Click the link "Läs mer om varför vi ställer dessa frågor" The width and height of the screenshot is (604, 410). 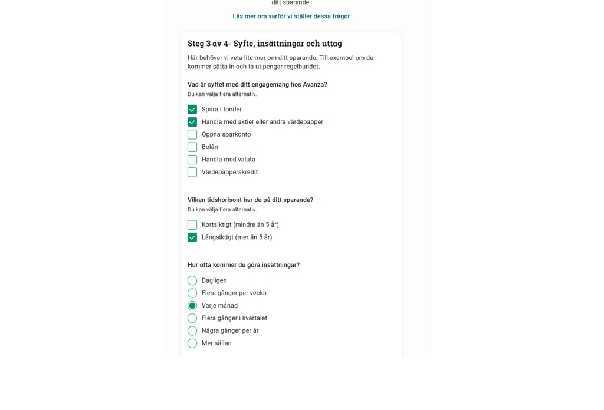tap(291, 16)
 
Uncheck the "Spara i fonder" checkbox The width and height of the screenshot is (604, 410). tap(192, 110)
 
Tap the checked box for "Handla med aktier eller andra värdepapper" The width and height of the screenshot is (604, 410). tap(192, 122)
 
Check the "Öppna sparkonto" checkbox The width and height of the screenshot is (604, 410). tap(192, 135)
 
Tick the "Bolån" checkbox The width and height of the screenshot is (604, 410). tap(192, 147)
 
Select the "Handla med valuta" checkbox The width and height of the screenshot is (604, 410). tap(192, 160)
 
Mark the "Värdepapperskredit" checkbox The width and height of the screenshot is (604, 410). tap(192, 173)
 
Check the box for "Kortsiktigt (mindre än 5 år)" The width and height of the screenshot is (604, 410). tap(192, 225)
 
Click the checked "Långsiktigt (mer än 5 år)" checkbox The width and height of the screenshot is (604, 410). tap(192, 237)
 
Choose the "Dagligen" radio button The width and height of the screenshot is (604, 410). tap(192, 281)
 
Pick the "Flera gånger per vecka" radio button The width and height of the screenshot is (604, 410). tap(192, 293)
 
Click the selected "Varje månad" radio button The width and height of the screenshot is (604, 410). tap(192, 306)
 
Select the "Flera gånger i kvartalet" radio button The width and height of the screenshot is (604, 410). tap(192, 319)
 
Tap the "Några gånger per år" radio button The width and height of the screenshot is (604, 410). tap(192, 331)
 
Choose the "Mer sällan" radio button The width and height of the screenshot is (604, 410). tap(192, 343)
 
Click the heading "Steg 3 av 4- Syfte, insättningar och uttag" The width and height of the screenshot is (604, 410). tap(264, 44)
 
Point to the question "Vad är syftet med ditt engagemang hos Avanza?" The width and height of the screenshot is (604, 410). tap(257, 85)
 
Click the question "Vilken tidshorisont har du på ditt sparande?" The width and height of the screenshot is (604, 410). tap(250, 200)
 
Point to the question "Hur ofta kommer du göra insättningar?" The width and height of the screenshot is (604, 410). tap(243, 266)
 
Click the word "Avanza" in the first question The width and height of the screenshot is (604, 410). tap(314, 85)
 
